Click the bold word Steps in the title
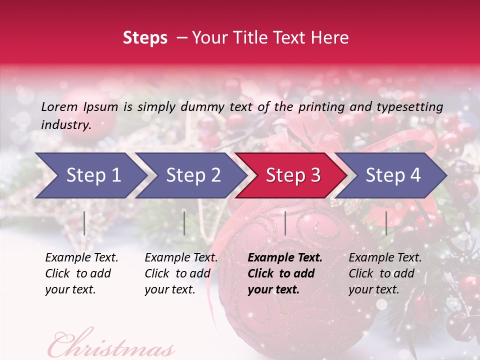click(145, 38)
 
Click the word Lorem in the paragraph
click(59, 106)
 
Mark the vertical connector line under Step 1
click(84, 223)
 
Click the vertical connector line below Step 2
click(184, 223)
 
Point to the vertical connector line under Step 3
click(285, 223)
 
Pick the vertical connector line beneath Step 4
click(386, 223)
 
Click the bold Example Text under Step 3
click(285, 258)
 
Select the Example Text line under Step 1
click(81, 258)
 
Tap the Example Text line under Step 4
click(385, 258)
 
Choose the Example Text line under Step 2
click(181, 258)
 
